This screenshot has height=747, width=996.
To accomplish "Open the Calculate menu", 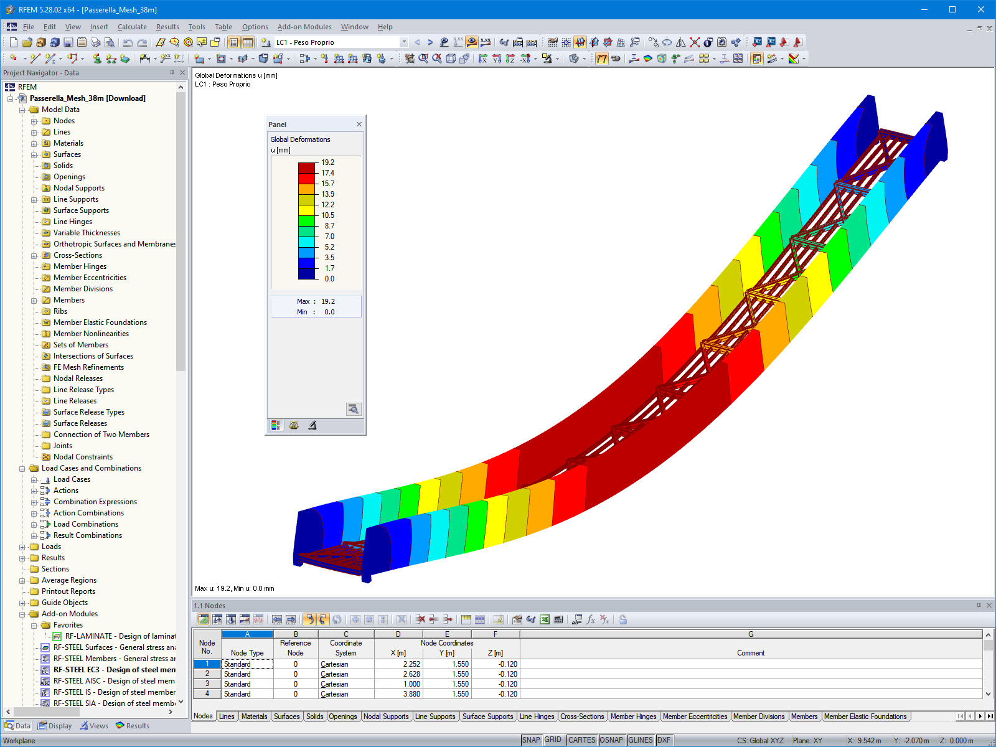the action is (x=132, y=27).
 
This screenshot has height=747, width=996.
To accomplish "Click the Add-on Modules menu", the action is (x=304, y=27).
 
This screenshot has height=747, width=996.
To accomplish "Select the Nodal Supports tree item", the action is (x=79, y=188).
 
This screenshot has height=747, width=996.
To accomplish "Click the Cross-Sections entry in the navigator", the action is (x=78, y=255).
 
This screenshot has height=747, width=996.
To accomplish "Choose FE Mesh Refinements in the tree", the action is (x=88, y=367).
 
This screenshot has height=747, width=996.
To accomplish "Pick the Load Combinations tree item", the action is (x=86, y=524).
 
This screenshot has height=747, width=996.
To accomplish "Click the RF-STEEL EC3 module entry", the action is (x=115, y=669).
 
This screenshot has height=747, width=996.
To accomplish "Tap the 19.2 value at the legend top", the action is (x=327, y=162).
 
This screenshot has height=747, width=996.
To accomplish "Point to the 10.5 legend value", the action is (x=327, y=215).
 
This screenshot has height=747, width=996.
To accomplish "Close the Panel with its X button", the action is (x=359, y=125).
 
